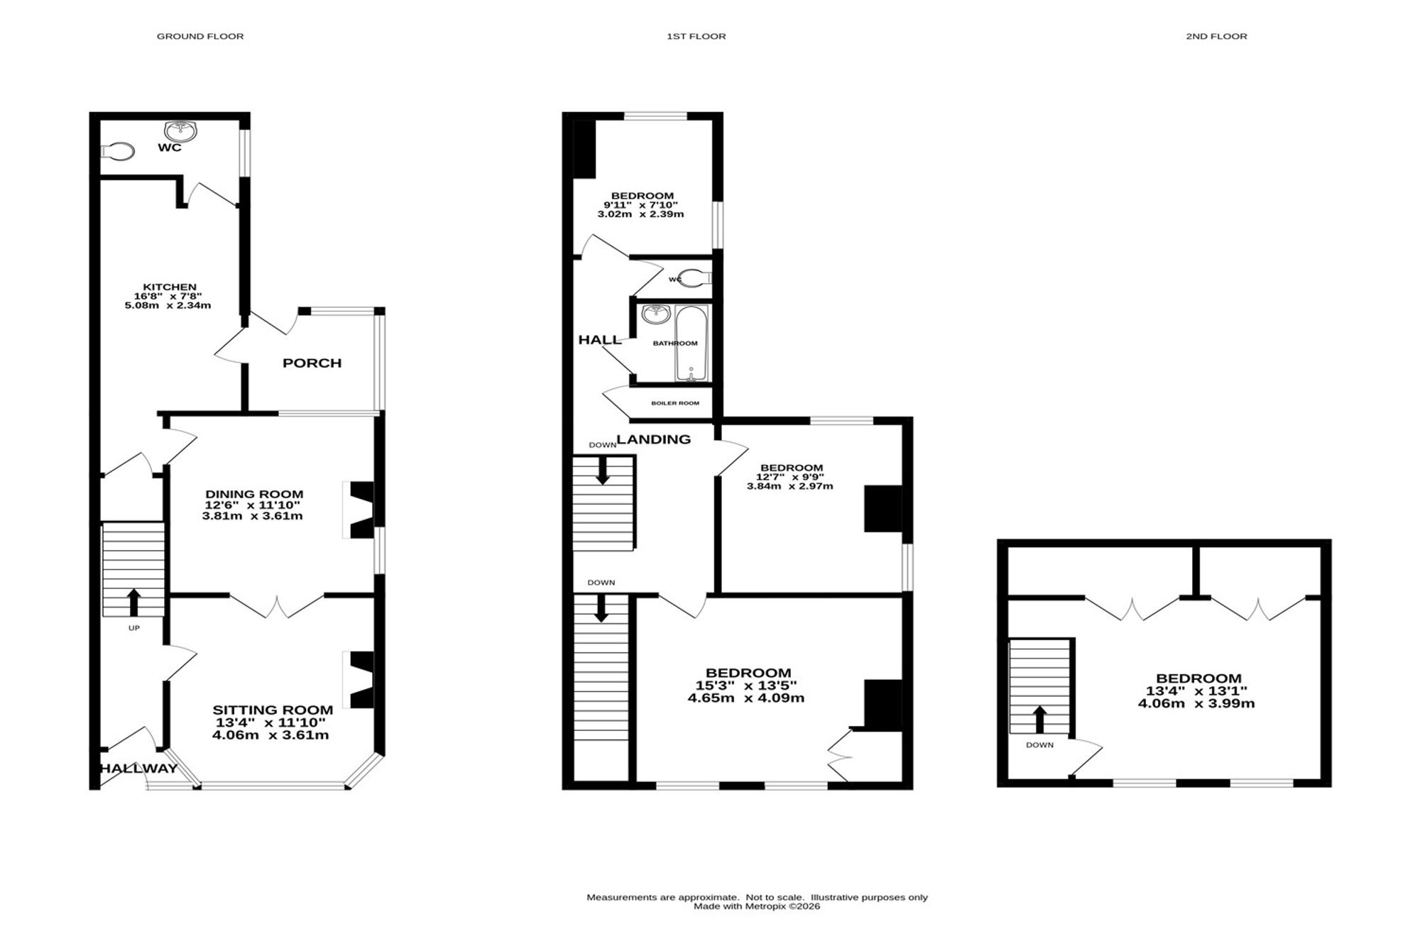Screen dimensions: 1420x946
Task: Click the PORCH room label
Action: click(312, 363)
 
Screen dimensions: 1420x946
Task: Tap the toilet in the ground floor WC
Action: click(118, 151)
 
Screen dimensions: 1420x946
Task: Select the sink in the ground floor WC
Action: click(180, 131)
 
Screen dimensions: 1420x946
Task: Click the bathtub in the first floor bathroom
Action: click(691, 344)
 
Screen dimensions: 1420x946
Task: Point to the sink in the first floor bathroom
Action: click(656, 314)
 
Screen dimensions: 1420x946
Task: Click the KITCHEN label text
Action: click(170, 287)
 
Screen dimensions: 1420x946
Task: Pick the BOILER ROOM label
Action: click(675, 403)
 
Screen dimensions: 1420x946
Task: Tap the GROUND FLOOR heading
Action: click(200, 36)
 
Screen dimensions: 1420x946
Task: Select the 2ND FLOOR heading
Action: click(1216, 36)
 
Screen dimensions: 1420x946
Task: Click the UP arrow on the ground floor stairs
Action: click(133, 602)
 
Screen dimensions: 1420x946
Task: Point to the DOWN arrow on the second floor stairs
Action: click(1039, 719)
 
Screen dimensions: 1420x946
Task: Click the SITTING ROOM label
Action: click(273, 710)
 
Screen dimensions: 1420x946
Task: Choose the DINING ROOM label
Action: click(254, 494)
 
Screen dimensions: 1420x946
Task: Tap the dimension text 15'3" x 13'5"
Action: click(746, 686)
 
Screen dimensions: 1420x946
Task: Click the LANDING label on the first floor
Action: click(654, 439)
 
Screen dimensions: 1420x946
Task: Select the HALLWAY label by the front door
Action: click(138, 769)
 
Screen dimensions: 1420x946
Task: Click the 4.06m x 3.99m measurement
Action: click(1197, 703)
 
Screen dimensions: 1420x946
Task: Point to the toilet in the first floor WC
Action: click(694, 277)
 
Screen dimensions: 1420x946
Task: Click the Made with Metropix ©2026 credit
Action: click(757, 906)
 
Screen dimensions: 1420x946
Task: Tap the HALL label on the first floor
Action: click(600, 340)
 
